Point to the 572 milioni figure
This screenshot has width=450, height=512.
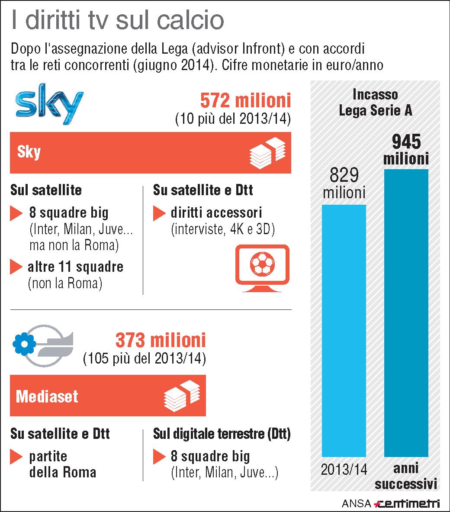(x=245, y=101)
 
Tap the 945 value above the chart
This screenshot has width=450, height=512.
(x=406, y=142)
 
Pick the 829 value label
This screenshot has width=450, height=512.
(x=344, y=175)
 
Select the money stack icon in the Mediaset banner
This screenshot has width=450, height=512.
(x=182, y=396)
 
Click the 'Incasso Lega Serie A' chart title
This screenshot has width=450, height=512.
(x=375, y=103)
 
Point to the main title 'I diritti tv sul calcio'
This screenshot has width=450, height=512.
(x=118, y=20)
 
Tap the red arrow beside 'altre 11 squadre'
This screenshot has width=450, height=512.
(x=16, y=267)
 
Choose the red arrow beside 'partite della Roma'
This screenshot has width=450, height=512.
(x=16, y=457)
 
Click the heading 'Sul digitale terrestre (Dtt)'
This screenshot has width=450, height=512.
(x=222, y=434)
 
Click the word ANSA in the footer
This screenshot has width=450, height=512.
(x=357, y=503)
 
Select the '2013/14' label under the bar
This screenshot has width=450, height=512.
(x=344, y=469)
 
